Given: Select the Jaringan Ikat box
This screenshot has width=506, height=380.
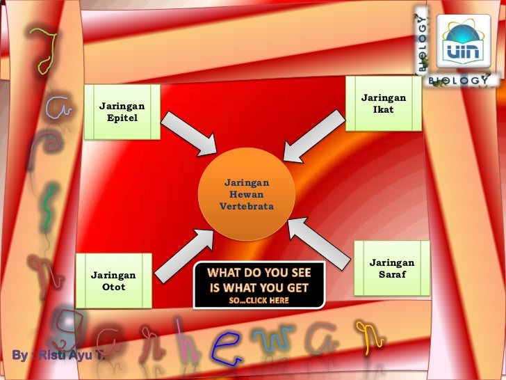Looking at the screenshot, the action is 383,104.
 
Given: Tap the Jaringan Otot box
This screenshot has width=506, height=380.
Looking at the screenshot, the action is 113,281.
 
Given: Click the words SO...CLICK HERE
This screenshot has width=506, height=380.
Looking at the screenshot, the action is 259,300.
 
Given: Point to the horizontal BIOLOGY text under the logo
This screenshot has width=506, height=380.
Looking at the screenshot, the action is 458,81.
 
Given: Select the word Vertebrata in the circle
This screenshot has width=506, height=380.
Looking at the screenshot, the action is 247,207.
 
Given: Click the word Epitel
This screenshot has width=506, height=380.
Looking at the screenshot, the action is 122,118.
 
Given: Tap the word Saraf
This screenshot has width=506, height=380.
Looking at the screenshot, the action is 391,274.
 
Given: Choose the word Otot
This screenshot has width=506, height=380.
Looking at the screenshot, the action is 113,287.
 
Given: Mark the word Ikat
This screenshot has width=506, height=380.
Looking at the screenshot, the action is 383,109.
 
